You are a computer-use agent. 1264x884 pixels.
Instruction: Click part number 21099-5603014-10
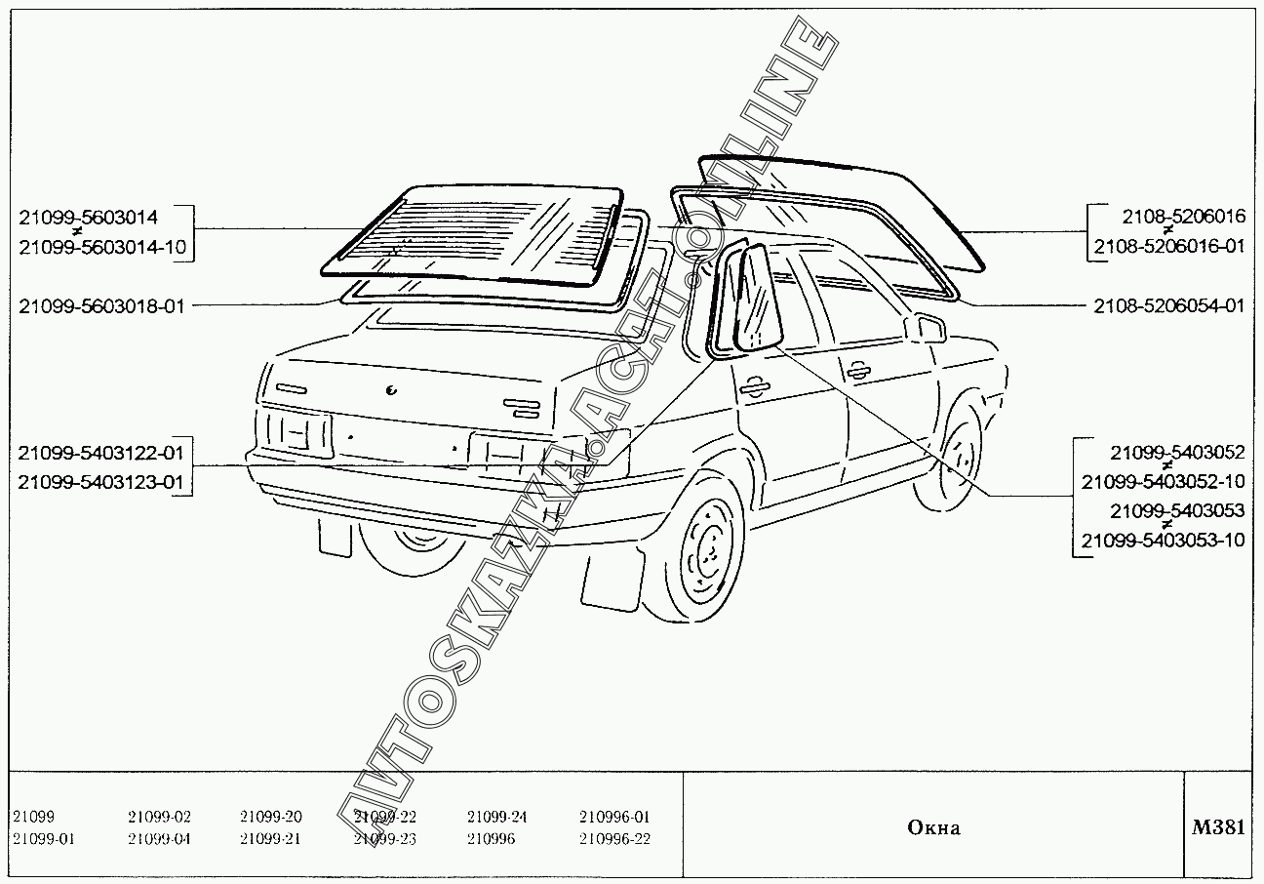pyautogui.click(x=101, y=248)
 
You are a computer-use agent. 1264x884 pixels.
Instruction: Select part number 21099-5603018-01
pyautogui.click(x=101, y=305)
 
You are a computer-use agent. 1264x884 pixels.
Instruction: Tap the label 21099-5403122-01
pyautogui.click(x=101, y=454)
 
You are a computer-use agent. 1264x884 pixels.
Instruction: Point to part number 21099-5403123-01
pyautogui.click(x=101, y=481)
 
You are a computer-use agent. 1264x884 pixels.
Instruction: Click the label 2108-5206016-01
pyautogui.click(x=1169, y=246)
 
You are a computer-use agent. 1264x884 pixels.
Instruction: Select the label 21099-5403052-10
pyautogui.click(x=1164, y=481)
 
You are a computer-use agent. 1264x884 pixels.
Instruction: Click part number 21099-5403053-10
pyautogui.click(x=1164, y=540)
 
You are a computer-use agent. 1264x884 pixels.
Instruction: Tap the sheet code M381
pyautogui.click(x=1218, y=827)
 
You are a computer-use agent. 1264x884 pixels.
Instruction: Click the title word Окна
pyautogui.click(x=933, y=828)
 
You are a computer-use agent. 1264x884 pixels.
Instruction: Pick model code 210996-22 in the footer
pyautogui.click(x=614, y=839)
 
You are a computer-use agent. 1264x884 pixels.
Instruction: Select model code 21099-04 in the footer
pyautogui.click(x=159, y=839)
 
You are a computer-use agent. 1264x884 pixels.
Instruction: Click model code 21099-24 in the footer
pyautogui.click(x=496, y=817)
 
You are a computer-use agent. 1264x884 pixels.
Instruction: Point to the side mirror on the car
pyautogui.click(x=926, y=328)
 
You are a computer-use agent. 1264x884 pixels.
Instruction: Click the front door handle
pyautogui.click(x=858, y=370)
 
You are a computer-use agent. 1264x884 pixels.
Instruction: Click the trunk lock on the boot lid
pyautogui.click(x=391, y=391)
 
